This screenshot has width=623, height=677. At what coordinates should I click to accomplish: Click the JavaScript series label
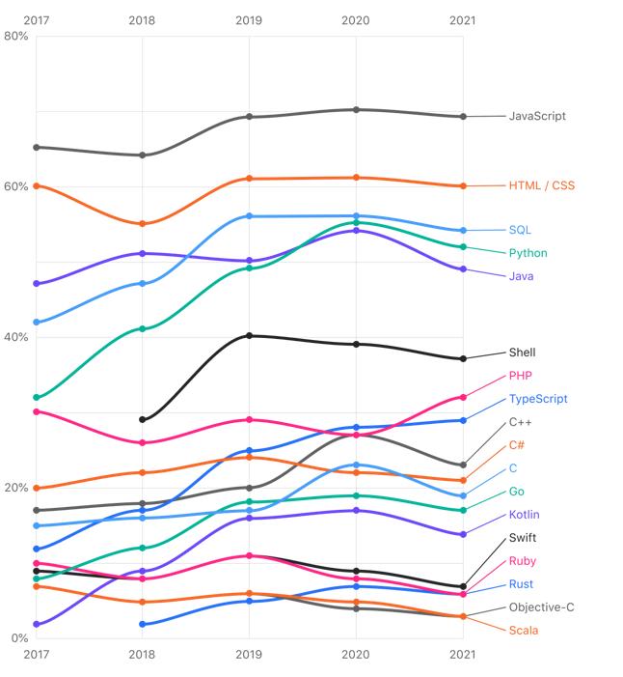(537, 116)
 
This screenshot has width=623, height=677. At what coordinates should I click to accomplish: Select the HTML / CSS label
(541, 185)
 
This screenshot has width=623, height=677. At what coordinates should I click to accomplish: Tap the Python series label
(528, 253)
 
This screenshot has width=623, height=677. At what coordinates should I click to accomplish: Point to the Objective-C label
(541, 607)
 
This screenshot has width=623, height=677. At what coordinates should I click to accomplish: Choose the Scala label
(524, 631)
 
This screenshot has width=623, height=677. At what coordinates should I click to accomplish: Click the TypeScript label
(537, 399)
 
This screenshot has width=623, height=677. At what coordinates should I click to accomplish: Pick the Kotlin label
(524, 515)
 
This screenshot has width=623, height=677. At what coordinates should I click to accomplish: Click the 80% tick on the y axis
(16, 36)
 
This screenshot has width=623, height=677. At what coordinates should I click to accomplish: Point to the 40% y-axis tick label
(16, 337)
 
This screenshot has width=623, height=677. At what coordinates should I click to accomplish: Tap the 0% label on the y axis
(19, 638)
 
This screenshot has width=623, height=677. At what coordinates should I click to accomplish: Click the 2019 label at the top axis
(249, 20)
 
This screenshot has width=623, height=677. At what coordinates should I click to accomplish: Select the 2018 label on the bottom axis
(142, 654)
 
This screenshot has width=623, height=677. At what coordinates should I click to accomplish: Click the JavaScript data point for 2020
(356, 109)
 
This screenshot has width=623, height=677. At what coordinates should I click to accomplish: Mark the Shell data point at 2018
(143, 419)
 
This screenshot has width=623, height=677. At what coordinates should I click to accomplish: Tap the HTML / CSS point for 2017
(36, 185)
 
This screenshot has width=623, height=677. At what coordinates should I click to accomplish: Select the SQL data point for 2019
(249, 216)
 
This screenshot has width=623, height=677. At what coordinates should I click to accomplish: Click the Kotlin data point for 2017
(36, 624)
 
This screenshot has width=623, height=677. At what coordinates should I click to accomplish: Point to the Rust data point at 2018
(143, 624)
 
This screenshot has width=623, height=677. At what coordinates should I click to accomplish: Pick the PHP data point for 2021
(463, 397)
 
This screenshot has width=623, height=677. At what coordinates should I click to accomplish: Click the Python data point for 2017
(36, 397)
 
